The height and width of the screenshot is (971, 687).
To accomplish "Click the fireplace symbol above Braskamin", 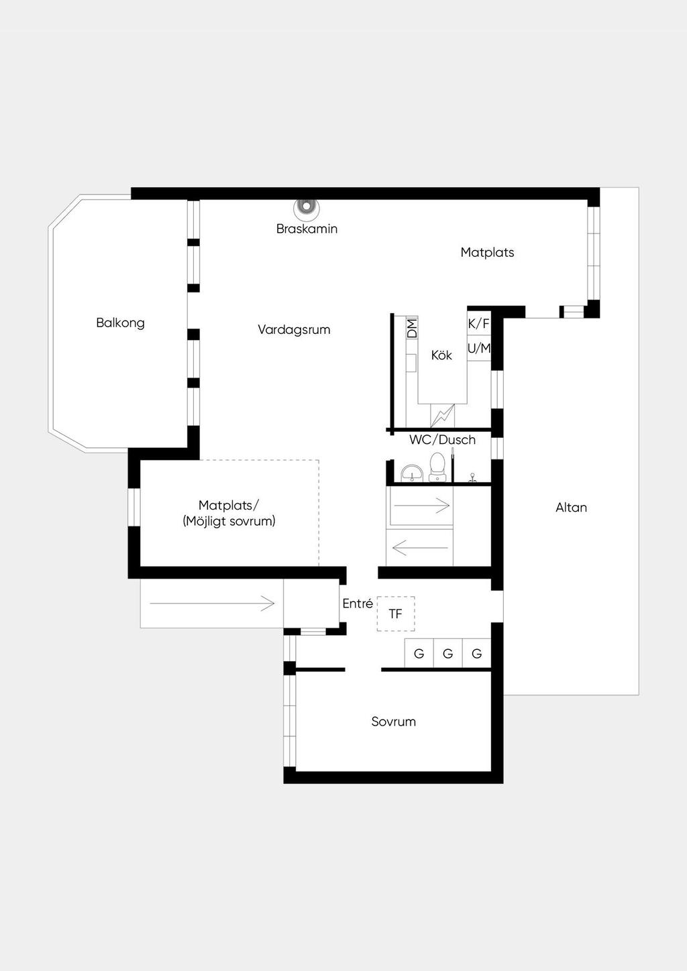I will tap(307, 207).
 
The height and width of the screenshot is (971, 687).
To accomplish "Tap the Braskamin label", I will tap(307, 229).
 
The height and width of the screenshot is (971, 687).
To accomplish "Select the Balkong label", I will tap(120, 323).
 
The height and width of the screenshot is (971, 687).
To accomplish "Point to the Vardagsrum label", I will tap(294, 329).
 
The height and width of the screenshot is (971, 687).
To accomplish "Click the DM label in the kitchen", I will tap(412, 328).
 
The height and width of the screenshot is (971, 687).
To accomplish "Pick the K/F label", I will tap(478, 324).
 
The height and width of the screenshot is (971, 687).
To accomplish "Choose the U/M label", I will tap(479, 349).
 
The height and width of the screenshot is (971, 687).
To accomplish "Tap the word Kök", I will tap(441, 355).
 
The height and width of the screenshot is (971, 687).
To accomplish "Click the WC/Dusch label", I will tap(442, 440).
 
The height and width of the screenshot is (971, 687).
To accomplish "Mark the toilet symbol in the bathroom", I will tap(437, 467).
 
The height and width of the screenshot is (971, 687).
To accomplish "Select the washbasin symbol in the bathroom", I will tap(411, 473).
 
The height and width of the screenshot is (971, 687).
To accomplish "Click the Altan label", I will tap(571, 508).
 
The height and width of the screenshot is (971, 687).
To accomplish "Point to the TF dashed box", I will tap(396, 614).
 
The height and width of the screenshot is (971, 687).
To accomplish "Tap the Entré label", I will tap(358, 604).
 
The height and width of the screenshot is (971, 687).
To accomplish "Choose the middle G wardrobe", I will tap(447, 654).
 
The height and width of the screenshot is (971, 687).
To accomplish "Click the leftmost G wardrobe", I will tap(419, 654).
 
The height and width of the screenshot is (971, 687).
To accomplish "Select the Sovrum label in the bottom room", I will tap(394, 722).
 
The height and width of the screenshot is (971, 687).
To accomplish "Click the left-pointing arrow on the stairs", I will tap(419, 549).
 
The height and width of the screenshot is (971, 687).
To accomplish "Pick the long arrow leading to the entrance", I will tap(212, 604).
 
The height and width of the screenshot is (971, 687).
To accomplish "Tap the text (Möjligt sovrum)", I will tap(229, 521).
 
